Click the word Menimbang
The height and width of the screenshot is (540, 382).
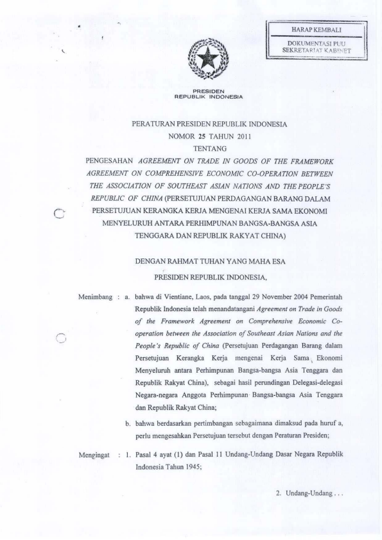point(95,296)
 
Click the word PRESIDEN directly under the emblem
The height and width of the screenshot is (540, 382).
point(207,90)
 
